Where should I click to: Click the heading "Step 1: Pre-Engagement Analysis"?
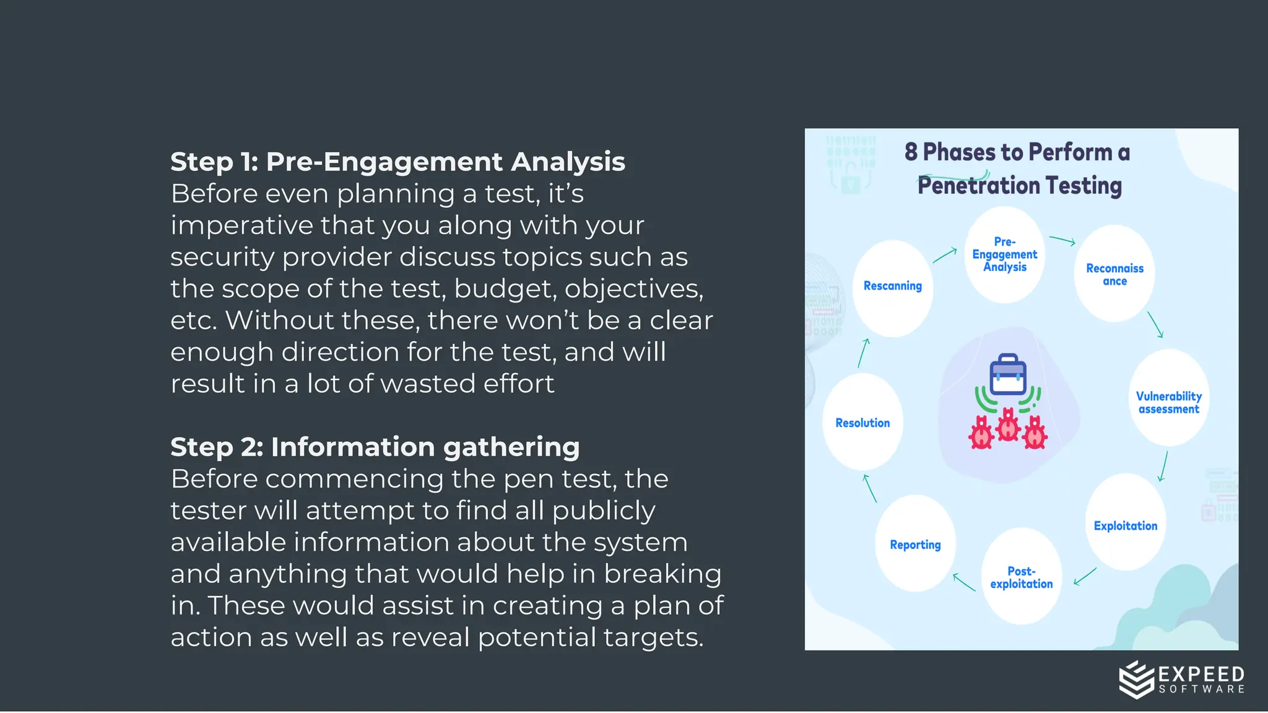click(x=397, y=162)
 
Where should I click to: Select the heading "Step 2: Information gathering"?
click(x=375, y=447)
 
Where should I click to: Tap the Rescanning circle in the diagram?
click(x=892, y=288)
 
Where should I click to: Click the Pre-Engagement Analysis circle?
click(x=1004, y=255)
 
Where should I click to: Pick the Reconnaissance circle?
click(x=1114, y=274)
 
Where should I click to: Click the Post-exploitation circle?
click(x=1021, y=577)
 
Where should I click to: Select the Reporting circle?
click(x=915, y=543)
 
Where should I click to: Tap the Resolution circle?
click(x=862, y=422)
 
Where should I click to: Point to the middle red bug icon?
click(x=1008, y=425)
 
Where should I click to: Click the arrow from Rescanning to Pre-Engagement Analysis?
click(x=945, y=254)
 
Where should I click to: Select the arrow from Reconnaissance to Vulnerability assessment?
click(x=1155, y=324)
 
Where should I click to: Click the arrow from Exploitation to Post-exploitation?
click(x=1085, y=576)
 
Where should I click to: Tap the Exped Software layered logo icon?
click(x=1137, y=679)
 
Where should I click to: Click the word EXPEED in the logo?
click(x=1201, y=674)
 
